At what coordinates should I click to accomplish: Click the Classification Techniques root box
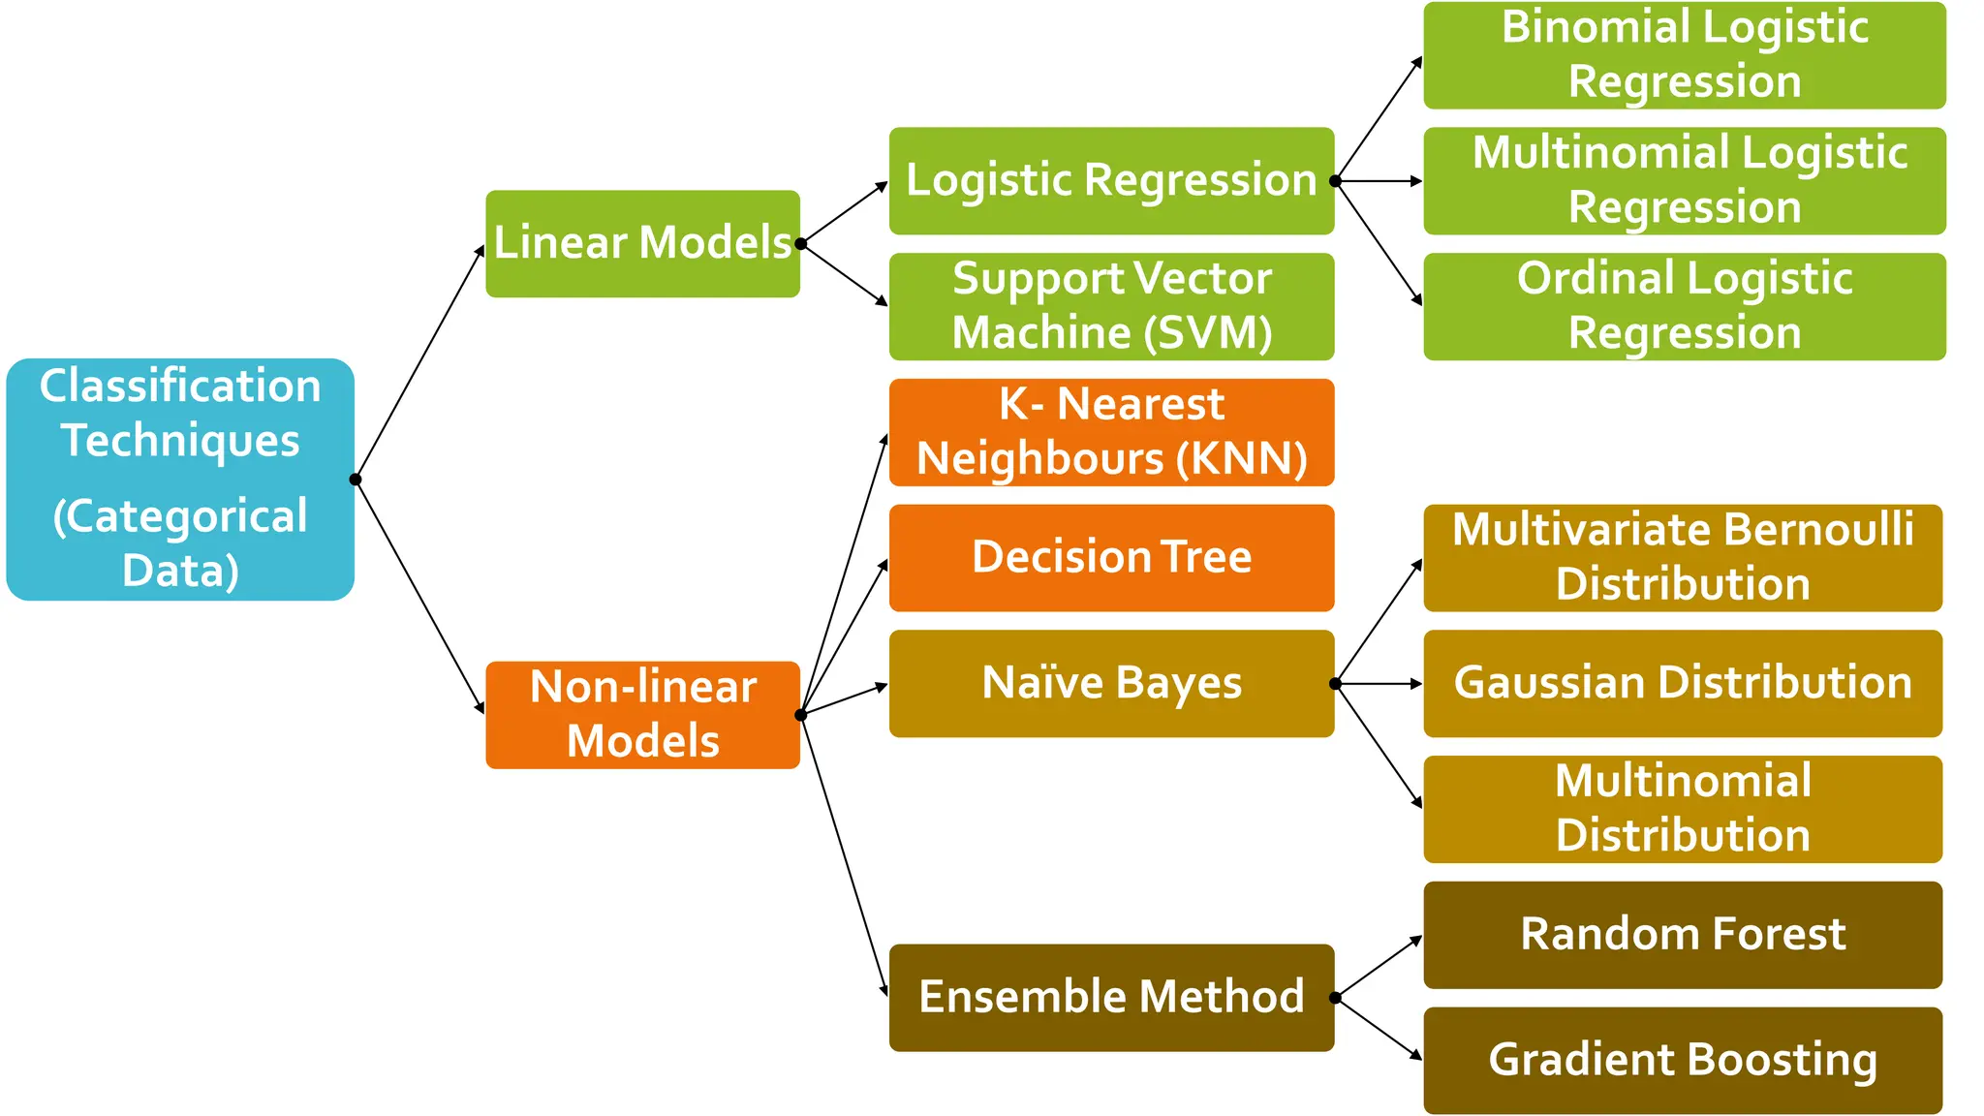(180, 479)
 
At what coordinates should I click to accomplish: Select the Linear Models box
(642, 243)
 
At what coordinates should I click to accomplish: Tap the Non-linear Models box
(642, 714)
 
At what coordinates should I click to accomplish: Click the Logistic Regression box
(1111, 180)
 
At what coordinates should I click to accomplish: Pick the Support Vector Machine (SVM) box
(1111, 306)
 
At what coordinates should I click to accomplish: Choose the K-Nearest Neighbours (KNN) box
(1111, 432)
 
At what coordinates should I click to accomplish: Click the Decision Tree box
(1111, 557)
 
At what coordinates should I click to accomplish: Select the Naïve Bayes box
(1111, 683)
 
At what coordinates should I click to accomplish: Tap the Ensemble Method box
(1111, 997)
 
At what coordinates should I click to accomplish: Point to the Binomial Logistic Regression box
(1684, 55)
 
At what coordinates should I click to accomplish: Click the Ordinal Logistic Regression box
(1684, 306)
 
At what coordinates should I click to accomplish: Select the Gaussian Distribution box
(1683, 683)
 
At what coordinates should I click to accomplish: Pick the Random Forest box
(1683, 934)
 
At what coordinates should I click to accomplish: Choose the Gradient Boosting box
(1683, 1060)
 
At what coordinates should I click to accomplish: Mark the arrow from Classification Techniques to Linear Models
(419, 362)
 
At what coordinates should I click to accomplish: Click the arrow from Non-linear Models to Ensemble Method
(844, 856)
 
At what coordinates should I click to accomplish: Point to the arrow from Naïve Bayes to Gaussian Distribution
(1378, 684)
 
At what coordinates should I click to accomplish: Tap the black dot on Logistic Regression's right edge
(1335, 181)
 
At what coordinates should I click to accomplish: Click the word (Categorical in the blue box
(180, 516)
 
